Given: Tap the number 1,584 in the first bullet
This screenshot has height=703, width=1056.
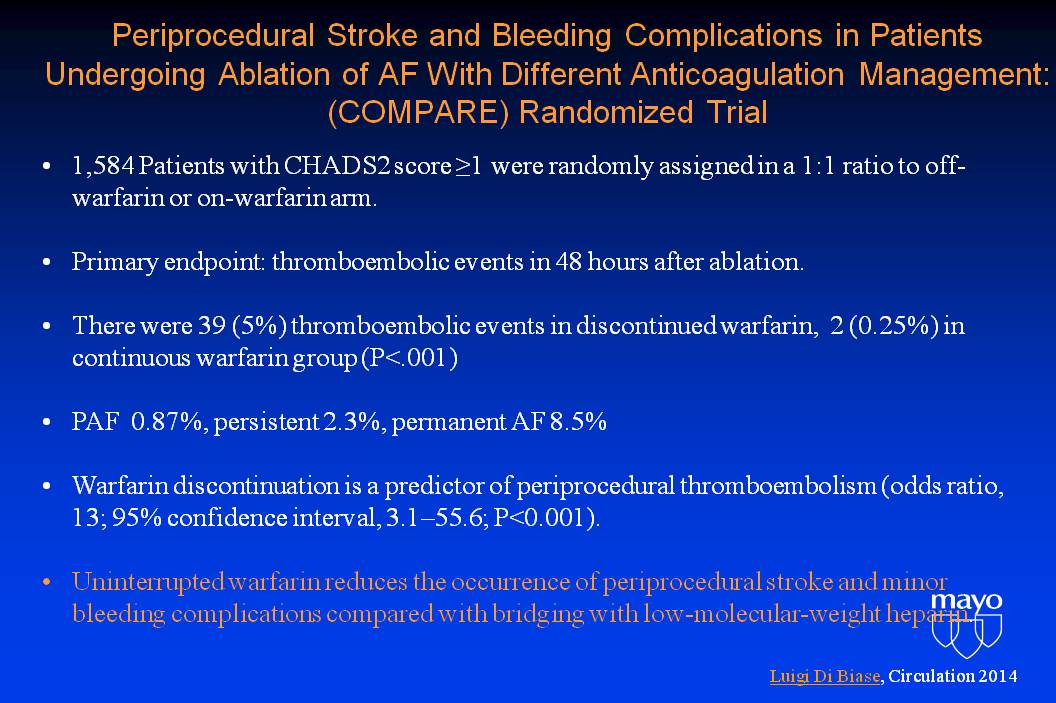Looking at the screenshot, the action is (103, 166).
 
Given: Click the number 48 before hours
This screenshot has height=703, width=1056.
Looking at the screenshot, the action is (568, 261).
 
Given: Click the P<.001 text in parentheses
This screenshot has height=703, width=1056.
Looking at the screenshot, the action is (409, 358).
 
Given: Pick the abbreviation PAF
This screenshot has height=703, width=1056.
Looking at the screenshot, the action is (96, 422).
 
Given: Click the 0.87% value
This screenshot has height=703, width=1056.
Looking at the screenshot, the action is (168, 422).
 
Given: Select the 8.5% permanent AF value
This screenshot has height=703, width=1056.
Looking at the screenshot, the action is (578, 422).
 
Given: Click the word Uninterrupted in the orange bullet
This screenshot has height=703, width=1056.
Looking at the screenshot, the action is (148, 582).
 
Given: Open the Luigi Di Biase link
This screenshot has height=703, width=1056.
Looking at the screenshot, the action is (825, 676).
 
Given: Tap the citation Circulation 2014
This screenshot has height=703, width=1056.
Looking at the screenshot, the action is (953, 676).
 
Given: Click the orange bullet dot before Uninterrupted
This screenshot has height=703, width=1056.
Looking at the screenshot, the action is (46, 582).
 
